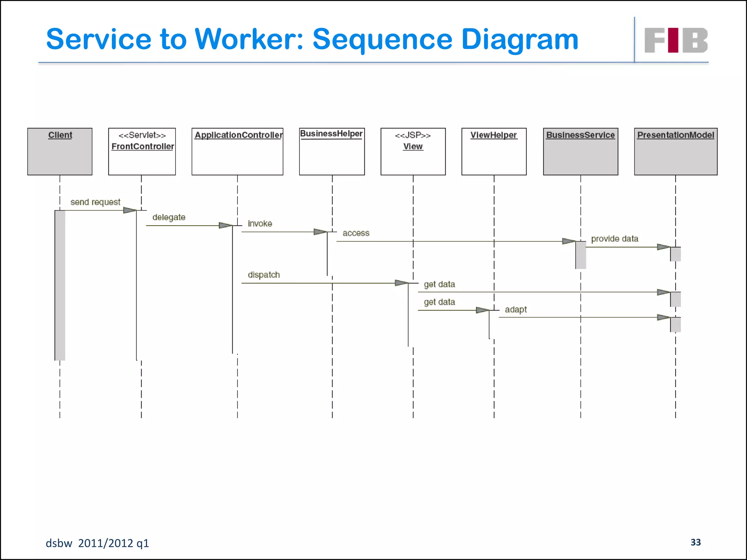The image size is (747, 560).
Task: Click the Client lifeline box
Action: [60, 151]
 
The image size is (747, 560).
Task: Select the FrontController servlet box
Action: [142, 151]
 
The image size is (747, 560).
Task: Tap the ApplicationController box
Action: [237, 151]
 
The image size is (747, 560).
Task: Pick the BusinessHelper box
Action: [332, 151]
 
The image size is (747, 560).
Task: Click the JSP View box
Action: [413, 151]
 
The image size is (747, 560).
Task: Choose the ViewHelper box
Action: [494, 151]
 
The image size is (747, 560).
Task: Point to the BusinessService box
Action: [581, 151]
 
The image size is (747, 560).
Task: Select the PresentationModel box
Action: [676, 151]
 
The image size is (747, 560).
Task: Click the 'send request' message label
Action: [95, 202]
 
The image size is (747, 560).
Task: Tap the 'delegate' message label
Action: [169, 217]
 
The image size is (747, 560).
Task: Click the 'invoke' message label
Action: [260, 223]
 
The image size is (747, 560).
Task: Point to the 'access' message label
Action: [356, 233]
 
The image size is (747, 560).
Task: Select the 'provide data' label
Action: [615, 239]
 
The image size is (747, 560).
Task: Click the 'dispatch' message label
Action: [264, 275]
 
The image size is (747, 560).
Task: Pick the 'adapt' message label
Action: [516, 310]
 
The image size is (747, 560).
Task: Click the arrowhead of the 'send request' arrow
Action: [129, 210]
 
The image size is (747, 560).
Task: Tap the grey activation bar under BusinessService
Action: [581, 255]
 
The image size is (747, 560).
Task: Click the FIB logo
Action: [676, 40]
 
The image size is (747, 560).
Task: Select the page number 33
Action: [696, 542]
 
